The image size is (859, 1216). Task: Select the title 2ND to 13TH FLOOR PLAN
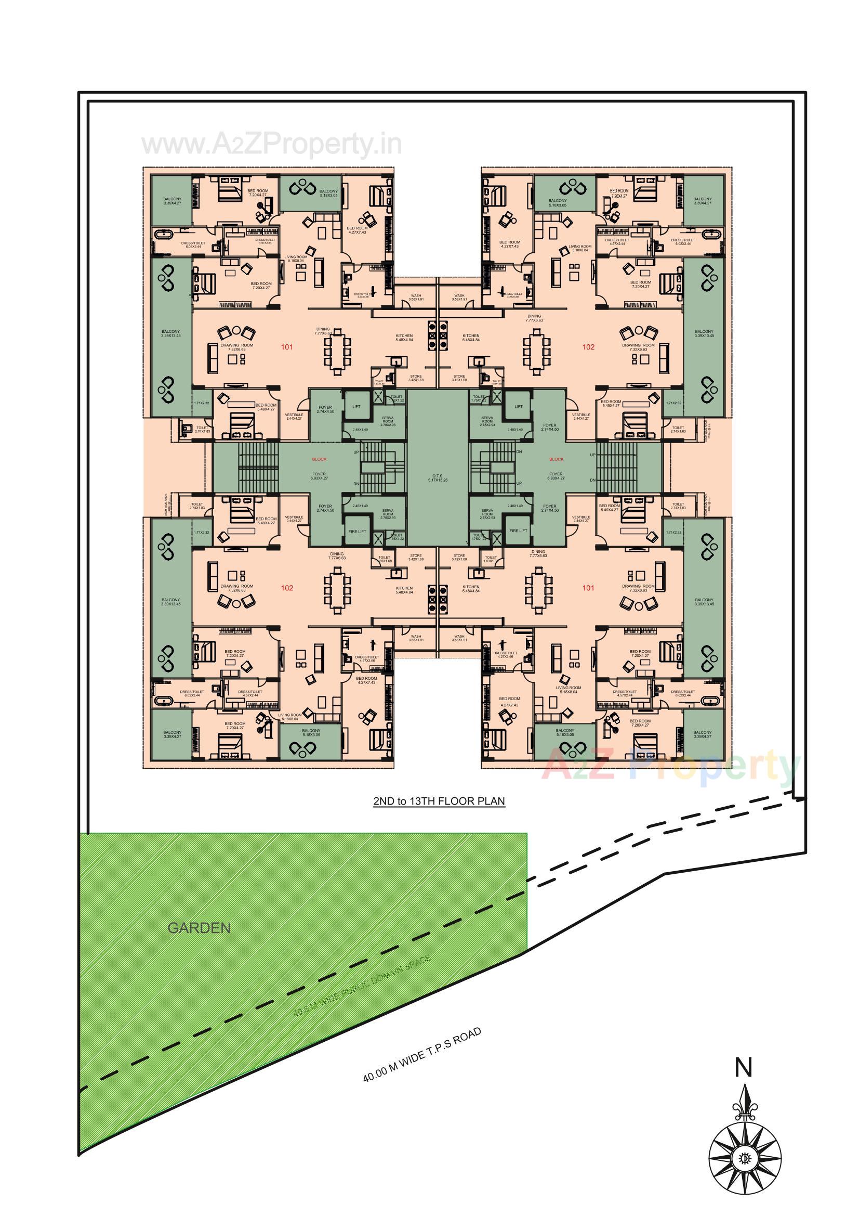click(x=439, y=801)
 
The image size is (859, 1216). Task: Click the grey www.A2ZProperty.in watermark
click(x=271, y=145)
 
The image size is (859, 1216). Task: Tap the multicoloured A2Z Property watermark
click(x=669, y=765)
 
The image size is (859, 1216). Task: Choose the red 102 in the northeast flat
click(x=588, y=347)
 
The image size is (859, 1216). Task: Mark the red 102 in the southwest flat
click(x=287, y=588)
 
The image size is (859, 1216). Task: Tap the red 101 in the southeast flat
click(x=588, y=588)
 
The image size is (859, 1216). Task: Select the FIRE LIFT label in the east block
click(x=518, y=531)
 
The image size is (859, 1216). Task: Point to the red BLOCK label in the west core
click(x=319, y=459)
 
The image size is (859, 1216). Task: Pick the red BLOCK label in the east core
click(x=556, y=459)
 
